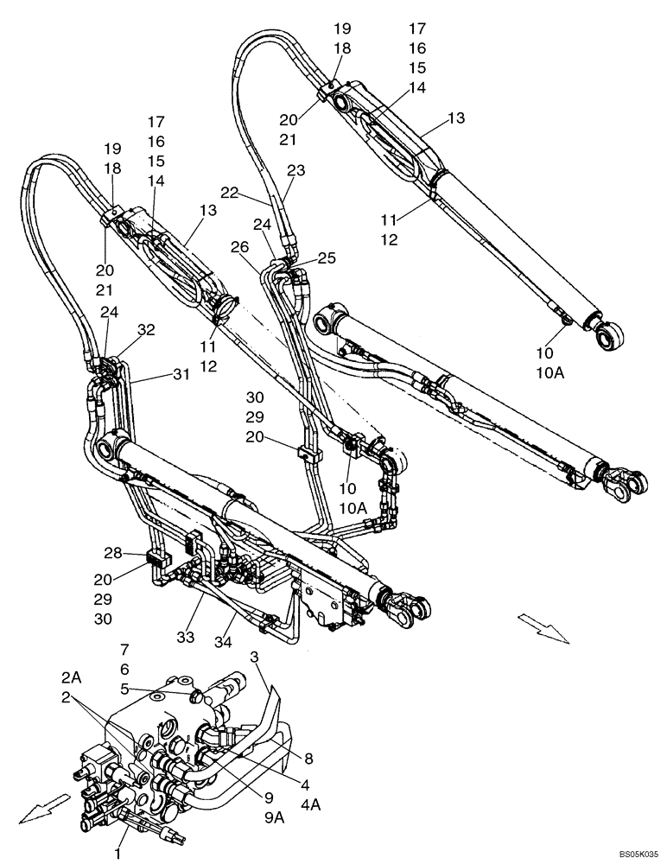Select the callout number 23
click(297, 171)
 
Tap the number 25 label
click(327, 258)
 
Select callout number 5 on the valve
click(124, 689)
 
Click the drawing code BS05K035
click(638, 854)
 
